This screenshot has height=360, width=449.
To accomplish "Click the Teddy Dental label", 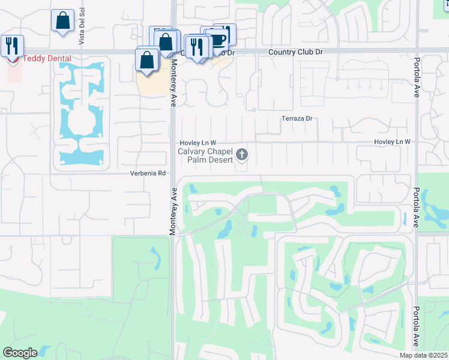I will [47, 59].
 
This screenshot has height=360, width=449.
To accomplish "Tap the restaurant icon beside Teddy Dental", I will [12, 45].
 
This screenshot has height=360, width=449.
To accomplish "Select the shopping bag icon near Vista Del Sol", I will [62, 22].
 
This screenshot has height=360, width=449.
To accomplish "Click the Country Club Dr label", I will [295, 52].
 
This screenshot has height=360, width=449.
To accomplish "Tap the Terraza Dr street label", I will [298, 119].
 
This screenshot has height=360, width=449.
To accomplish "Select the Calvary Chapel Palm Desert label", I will [205, 155].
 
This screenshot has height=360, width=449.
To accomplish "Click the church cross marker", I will [242, 155].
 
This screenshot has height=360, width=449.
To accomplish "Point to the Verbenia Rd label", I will [148, 173].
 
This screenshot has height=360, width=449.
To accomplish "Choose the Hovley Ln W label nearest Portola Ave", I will [391, 142].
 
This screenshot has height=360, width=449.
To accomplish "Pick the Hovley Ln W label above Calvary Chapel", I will [198, 143].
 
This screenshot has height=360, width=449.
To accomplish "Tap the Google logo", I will [20, 353].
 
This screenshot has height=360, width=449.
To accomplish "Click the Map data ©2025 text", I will [423, 355].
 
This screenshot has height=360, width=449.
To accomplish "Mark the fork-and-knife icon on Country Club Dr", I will [196, 46].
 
